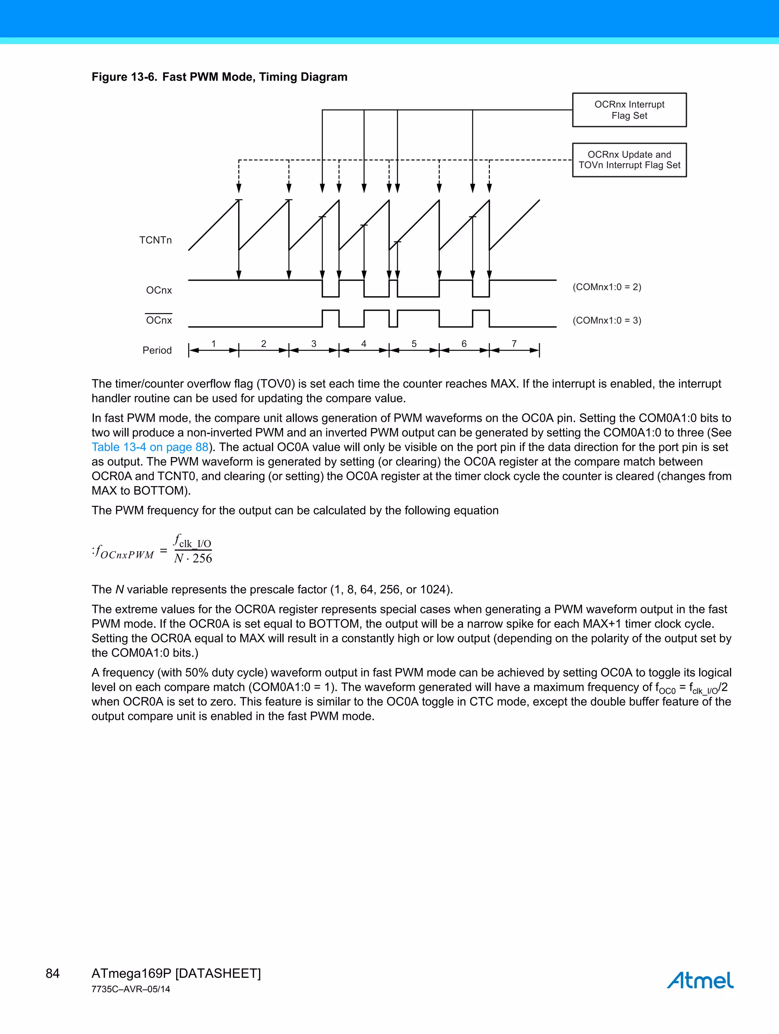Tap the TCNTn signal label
[155, 240]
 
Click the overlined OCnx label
[159, 320]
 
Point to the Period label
[157, 350]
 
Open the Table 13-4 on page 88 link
[149, 447]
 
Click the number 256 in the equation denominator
[202, 558]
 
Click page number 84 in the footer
[52, 974]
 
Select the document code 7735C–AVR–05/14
[130, 989]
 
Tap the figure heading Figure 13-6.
[124, 77]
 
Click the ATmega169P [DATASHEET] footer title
[176, 974]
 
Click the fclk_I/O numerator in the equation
[192, 541]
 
